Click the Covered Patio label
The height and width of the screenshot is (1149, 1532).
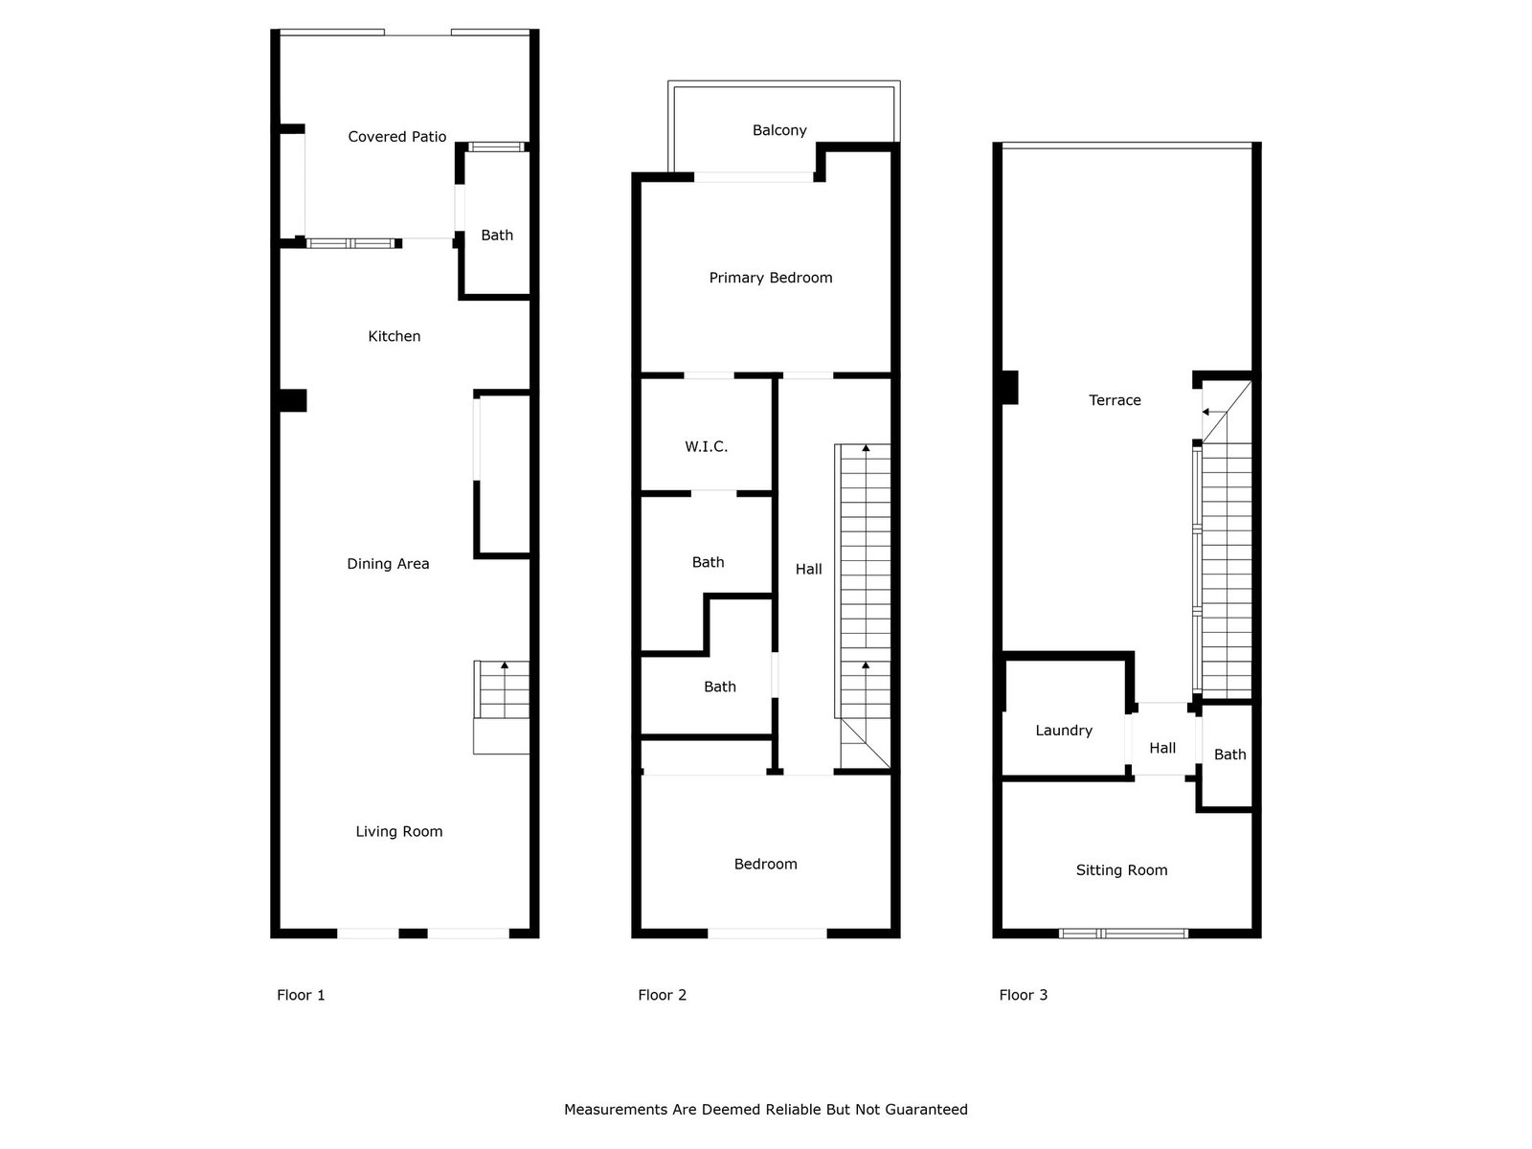[x=396, y=137]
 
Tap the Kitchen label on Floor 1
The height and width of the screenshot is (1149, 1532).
[x=394, y=336]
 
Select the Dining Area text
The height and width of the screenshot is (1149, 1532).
[x=388, y=564]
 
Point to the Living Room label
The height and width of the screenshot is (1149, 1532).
[x=399, y=831]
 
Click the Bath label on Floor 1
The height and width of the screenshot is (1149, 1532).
[x=497, y=236]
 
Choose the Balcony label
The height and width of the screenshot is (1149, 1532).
[x=779, y=130]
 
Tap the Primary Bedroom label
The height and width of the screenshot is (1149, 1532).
[x=771, y=278]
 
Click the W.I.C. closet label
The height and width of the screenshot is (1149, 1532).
[x=707, y=446]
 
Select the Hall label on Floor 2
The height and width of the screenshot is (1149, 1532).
[x=809, y=570]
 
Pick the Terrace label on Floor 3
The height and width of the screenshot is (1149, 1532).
[x=1115, y=400]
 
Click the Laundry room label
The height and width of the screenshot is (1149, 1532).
[x=1064, y=731]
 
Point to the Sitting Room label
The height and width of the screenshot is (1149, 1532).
[x=1121, y=870]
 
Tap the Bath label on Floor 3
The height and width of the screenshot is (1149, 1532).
[x=1229, y=755]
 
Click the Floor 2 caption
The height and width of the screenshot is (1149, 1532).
[x=663, y=995]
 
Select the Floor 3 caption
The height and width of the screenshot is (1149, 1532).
[x=1024, y=995]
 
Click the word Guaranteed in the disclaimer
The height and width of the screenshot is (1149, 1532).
[x=927, y=1109]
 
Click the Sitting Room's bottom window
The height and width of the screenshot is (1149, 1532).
[x=1123, y=934]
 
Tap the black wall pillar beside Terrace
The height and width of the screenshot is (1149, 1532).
[x=1010, y=387]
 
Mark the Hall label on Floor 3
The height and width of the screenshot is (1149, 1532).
[x=1162, y=748]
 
